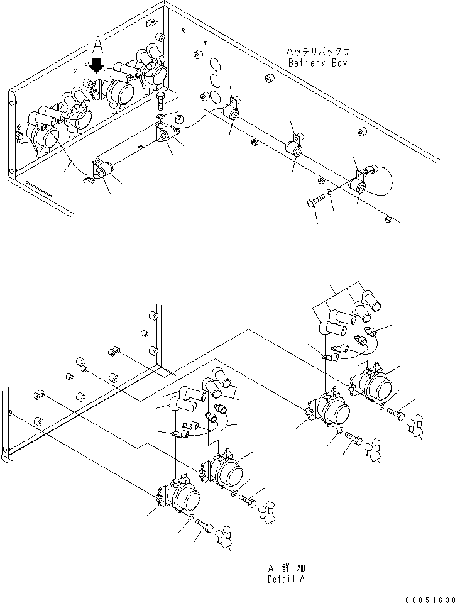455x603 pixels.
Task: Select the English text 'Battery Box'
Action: [x=317, y=63]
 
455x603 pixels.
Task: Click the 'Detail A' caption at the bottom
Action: [x=286, y=579]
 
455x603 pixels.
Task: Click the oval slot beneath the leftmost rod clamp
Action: [x=89, y=181]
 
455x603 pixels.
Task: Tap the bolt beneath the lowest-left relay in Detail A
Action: [x=202, y=524]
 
